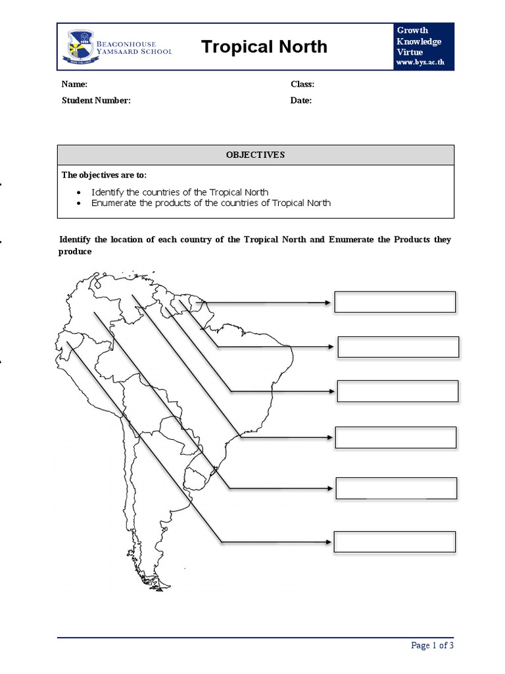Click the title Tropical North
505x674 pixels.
264,47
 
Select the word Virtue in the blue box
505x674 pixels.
410,52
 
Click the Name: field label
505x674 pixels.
74,84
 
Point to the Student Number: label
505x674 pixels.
96,101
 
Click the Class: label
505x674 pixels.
302,84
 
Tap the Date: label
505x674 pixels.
301,101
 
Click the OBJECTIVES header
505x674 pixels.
255,155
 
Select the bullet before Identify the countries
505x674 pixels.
79,192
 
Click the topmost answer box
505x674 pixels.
395,302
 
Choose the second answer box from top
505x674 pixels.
398,347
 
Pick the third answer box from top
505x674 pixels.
397,391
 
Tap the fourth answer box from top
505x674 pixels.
395,437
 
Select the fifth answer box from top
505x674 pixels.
396,488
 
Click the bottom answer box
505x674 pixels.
395,542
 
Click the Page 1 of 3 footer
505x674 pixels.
432,646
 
